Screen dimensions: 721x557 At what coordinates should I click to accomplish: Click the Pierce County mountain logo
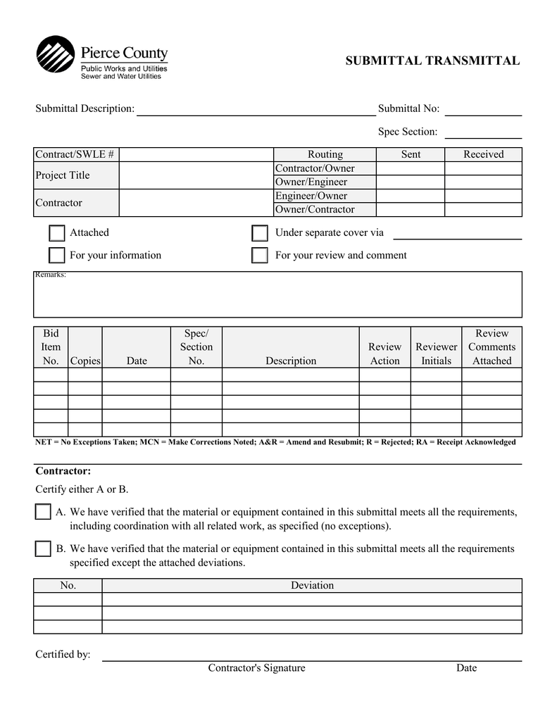pos(56,54)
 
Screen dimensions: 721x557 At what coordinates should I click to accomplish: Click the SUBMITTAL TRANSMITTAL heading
pos(432,61)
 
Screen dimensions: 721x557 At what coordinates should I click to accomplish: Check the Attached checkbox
pos(56,233)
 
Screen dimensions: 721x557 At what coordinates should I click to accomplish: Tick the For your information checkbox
pos(56,255)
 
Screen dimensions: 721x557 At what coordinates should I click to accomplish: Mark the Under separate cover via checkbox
pos(259,233)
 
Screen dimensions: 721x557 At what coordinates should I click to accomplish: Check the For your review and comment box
pos(259,255)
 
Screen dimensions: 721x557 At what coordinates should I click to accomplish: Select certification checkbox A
pos(42,512)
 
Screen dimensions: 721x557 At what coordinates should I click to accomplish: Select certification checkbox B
pos(42,548)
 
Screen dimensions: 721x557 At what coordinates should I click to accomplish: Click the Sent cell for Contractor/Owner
pos(411,168)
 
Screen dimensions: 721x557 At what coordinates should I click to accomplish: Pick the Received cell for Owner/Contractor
pos(483,210)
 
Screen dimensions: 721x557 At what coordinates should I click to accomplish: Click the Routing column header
pos(325,154)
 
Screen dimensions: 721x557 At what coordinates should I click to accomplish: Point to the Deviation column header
pos(312,585)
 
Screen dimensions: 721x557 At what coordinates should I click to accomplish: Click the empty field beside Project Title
pos(196,175)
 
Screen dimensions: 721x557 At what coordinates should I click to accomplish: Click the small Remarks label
pos(51,275)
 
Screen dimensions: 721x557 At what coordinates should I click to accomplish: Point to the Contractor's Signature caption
pos(256,667)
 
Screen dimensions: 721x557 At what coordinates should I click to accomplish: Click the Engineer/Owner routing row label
pos(311,196)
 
